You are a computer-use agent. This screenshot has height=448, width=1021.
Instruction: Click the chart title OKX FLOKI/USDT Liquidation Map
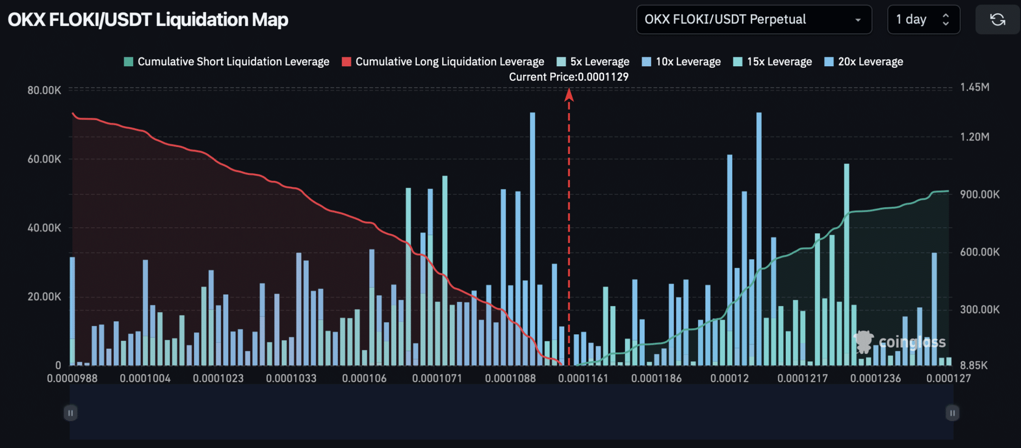click(148, 20)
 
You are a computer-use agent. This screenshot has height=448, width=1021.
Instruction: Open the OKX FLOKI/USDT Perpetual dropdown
click(753, 20)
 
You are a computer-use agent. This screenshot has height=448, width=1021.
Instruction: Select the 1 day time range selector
click(923, 20)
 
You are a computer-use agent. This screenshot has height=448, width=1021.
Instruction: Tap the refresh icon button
click(997, 20)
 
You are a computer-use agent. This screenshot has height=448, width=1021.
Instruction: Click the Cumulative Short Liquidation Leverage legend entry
click(227, 62)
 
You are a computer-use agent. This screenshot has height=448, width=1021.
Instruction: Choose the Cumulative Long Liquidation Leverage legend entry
click(443, 62)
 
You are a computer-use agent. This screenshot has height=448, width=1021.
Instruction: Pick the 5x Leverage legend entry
click(593, 62)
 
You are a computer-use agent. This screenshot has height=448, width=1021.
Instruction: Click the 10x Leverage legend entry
click(681, 62)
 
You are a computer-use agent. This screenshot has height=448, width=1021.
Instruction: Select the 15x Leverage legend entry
click(773, 62)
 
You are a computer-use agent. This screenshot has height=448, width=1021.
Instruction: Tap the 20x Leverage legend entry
click(864, 62)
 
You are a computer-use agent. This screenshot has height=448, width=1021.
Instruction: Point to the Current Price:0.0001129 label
click(568, 77)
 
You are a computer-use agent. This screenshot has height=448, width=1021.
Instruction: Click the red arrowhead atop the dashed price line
click(569, 95)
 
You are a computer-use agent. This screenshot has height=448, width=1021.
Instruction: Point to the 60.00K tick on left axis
click(44, 159)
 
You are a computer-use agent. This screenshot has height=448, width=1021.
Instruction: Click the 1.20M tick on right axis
click(975, 137)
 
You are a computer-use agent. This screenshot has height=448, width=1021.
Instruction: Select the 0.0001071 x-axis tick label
click(437, 378)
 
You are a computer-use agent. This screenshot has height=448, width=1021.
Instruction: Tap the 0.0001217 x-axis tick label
click(802, 378)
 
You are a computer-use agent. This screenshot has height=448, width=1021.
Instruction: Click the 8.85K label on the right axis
click(974, 365)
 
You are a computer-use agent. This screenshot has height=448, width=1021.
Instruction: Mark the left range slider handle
click(70, 413)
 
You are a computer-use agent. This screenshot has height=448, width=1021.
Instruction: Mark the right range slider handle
click(952, 413)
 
